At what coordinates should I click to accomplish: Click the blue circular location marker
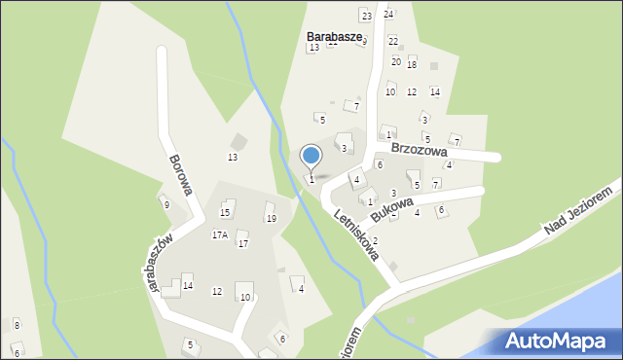tap(311, 156)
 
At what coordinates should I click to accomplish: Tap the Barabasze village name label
tap(334, 37)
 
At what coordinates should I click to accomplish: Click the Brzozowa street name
tap(419, 151)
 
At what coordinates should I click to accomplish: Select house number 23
tap(366, 16)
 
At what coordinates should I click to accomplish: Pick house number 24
tap(388, 14)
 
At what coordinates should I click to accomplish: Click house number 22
tap(393, 41)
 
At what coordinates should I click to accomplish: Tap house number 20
tap(396, 61)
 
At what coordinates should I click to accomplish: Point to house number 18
tap(412, 64)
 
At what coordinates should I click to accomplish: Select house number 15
tap(225, 212)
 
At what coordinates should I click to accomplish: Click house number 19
tap(271, 218)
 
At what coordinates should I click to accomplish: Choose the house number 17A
tap(220, 234)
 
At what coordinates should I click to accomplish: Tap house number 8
tap(17, 324)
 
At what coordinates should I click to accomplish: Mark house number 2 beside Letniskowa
tap(375, 240)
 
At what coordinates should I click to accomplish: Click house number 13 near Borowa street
tap(233, 157)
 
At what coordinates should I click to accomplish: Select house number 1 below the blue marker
tap(311, 179)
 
